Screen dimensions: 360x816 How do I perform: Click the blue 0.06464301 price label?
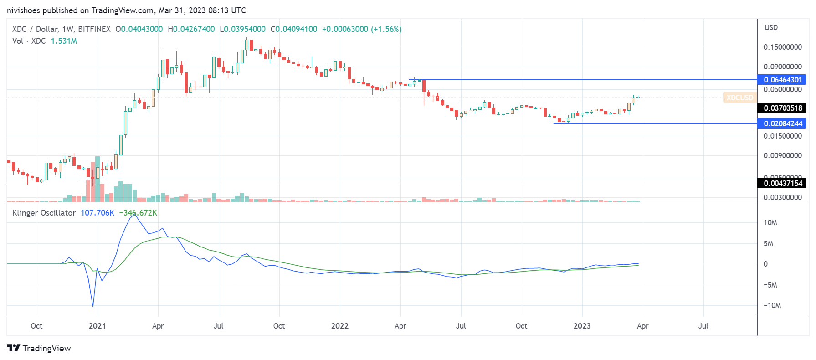coord(782,80)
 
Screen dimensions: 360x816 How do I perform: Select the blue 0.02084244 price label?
coord(782,123)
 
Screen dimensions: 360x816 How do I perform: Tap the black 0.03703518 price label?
coord(782,108)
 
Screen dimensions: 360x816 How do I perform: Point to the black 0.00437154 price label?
coord(782,183)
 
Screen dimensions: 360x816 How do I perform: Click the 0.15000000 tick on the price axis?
coord(782,47)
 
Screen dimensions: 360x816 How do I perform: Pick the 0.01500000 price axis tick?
coord(782,136)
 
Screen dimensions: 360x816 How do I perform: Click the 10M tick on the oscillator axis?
coord(770,222)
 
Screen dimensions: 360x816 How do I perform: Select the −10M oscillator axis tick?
coord(772,305)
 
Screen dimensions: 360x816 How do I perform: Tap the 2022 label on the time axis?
coord(339,326)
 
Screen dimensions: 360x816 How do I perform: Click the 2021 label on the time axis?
coord(97,326)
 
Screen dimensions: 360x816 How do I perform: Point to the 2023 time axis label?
coord(582,326)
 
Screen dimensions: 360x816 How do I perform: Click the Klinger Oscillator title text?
coord(44,213)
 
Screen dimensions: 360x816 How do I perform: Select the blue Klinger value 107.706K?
coord(97,213)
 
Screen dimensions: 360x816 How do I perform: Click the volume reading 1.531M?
coord(64,41)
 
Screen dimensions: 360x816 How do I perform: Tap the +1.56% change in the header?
coord(386,29)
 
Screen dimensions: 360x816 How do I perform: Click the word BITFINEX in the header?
coord(94,29)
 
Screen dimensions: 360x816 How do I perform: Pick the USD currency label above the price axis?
coord(771,27)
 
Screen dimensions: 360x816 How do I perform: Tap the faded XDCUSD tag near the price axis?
coord(739,98)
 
